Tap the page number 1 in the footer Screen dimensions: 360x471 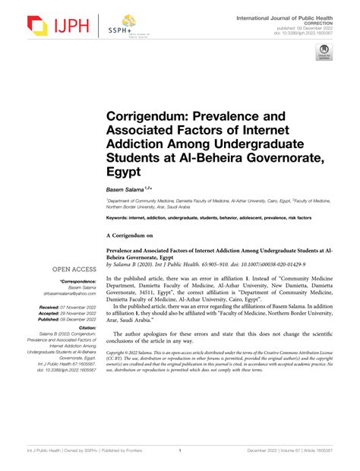pyautogui.click(x=180, y=450)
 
